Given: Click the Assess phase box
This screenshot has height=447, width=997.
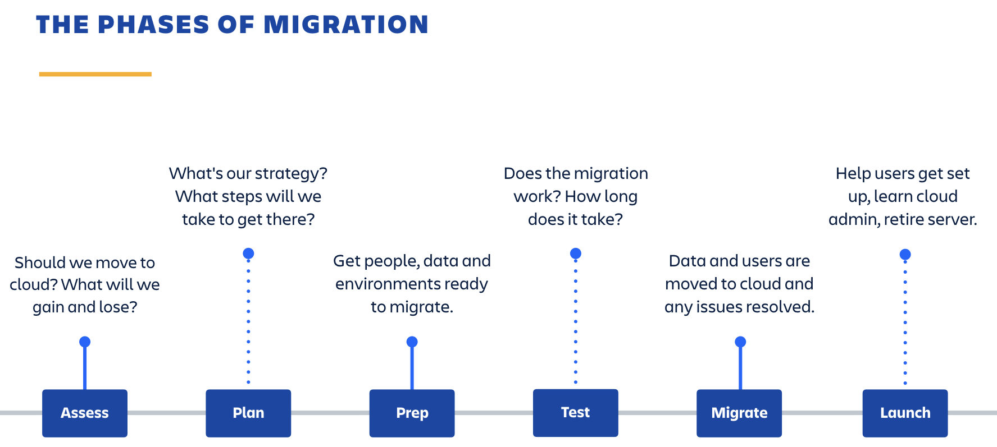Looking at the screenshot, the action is pyautogui.click(x=85, y=413).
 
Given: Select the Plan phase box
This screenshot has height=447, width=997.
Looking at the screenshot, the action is pyautogui.click(x=248, y=413).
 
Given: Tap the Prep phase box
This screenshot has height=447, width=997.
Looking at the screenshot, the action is pyautogui.click(x=412, y=413).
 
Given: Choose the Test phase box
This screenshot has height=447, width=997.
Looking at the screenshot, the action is pyautogui.click(x=575, y=412).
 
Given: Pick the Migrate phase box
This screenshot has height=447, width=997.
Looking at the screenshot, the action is pyautogui.click(x=739, y=413).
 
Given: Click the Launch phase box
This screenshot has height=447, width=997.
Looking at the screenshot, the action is pyautogui.click(x=905, y=413).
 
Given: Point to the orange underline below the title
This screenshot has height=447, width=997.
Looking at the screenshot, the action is pyautogui.click(x=95, y=74).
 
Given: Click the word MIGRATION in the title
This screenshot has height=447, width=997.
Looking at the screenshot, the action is pyautogui.click(x=346, y=25).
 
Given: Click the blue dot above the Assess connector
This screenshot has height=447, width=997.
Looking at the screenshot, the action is pyautogui.click(x=85, y=342).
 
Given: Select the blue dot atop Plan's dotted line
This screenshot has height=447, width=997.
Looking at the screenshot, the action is pyautogui.click(x=248, y=254).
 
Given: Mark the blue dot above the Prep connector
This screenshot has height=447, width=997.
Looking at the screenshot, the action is pyautogui.click(x=412, y=342).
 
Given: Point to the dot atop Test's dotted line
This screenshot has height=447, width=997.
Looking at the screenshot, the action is pyautogui.click(x=575, y=254).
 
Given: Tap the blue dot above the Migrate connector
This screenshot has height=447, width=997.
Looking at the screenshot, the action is pyautogui.click(x=740, y=342).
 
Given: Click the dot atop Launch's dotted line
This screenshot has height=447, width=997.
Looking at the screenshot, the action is pyautogui.click(x=905, y=255).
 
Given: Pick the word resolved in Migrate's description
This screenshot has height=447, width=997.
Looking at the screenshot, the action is pyautogui.click(x=783, y=307).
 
